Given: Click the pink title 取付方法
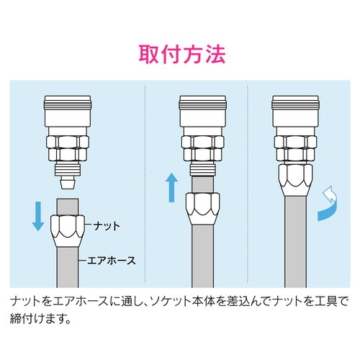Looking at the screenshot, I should coord(180,55).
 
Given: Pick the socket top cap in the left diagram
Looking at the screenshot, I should coord(67,109).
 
